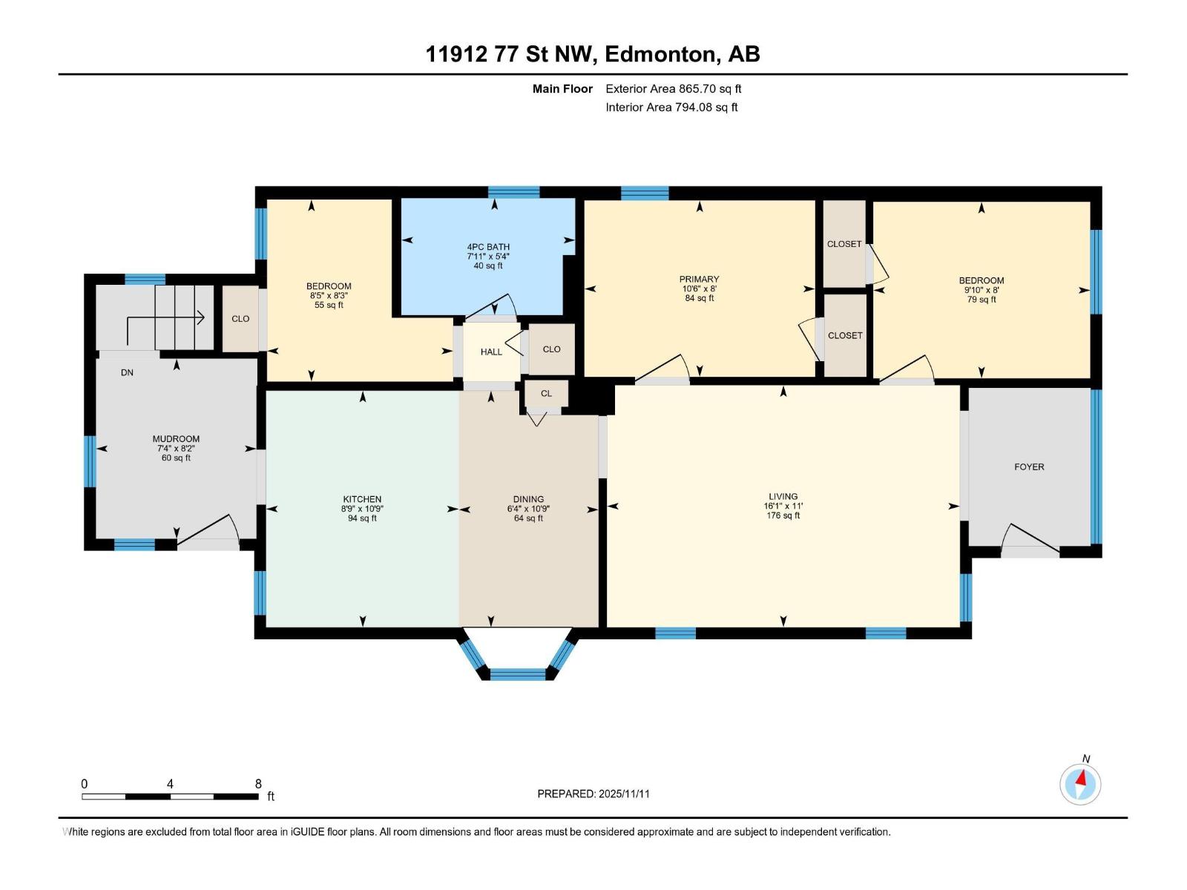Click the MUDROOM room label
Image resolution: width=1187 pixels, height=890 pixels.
(x=176, y=439)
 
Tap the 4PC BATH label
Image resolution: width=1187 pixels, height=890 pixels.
(x=488, y=247)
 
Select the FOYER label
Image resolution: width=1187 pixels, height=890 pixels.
(x=1029, y=467)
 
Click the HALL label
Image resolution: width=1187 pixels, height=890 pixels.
(x=491, y=352)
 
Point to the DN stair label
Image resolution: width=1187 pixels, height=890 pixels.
(x=127, y=372)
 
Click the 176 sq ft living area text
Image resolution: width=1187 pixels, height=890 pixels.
(x=783, y=515)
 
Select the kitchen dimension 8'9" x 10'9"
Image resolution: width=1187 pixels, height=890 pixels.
(x=362, y=509)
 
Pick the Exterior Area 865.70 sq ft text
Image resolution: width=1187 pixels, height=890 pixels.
(x=673, y=88)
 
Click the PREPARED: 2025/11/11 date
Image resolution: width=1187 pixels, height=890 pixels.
(x=593, y=794)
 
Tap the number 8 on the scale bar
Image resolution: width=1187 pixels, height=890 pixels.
(x=258, y=784)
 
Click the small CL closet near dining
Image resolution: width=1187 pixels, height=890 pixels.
(x=546, y=394)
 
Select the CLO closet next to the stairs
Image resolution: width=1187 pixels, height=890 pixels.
(x=240, y=319)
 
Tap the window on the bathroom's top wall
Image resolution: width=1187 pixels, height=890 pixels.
(x=513, y=193)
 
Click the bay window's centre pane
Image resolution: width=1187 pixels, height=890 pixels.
(x=517, y=673)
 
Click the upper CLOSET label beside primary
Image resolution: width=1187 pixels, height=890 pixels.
(x=844, y=244)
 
